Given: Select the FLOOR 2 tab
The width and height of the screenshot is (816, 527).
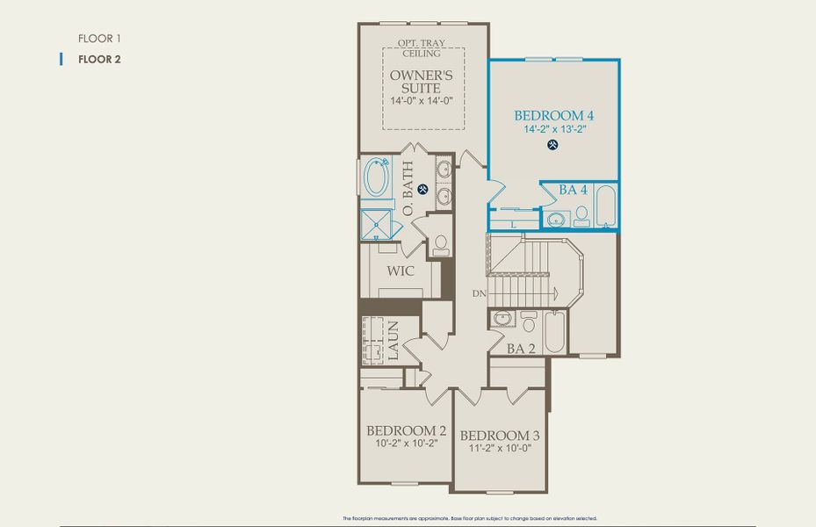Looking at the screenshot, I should [x=98, y=60].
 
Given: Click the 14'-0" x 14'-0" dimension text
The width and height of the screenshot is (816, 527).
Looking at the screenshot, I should [x=422, y=101].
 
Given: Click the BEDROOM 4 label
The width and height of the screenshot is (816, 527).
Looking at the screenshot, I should [x=554, y=115].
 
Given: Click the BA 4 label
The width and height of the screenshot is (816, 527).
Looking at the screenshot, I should [x=574, y=190].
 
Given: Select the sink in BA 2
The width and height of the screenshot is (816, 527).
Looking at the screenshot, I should [x=502, y=318].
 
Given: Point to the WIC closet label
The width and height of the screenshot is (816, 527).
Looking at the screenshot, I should [x=401, y=271].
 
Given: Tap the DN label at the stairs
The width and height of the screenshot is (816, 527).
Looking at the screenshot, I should [x=478, y=293].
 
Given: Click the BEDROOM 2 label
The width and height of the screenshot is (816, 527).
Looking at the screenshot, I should [x=407, y=430].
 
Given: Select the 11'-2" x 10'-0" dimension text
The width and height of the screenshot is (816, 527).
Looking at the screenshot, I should [x=500, y=449].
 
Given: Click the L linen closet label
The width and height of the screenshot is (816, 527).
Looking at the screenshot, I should [x=514, y=225].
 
